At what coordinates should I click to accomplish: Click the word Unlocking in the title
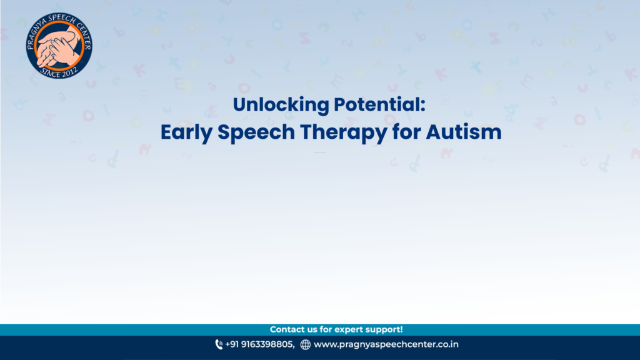point(281,105)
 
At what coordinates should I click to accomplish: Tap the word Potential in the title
point(377,104)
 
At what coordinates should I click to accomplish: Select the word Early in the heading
point(186,133)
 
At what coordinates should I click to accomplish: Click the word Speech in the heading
point(256,133)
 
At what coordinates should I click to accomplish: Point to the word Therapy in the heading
point(343,133)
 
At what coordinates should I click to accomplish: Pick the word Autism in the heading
point(464,132)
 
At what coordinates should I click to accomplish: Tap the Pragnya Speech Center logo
point(59,45)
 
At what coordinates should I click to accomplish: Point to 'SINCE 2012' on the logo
point(59,72)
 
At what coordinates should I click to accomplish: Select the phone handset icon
point(219,345)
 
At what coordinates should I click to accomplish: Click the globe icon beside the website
point(305,345)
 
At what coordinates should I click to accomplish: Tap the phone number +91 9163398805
point(259,344)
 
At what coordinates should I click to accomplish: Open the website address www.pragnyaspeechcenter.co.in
point(386,345)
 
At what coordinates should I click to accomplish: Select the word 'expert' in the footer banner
point(349,330)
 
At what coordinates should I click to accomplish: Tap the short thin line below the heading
point(319,152)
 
